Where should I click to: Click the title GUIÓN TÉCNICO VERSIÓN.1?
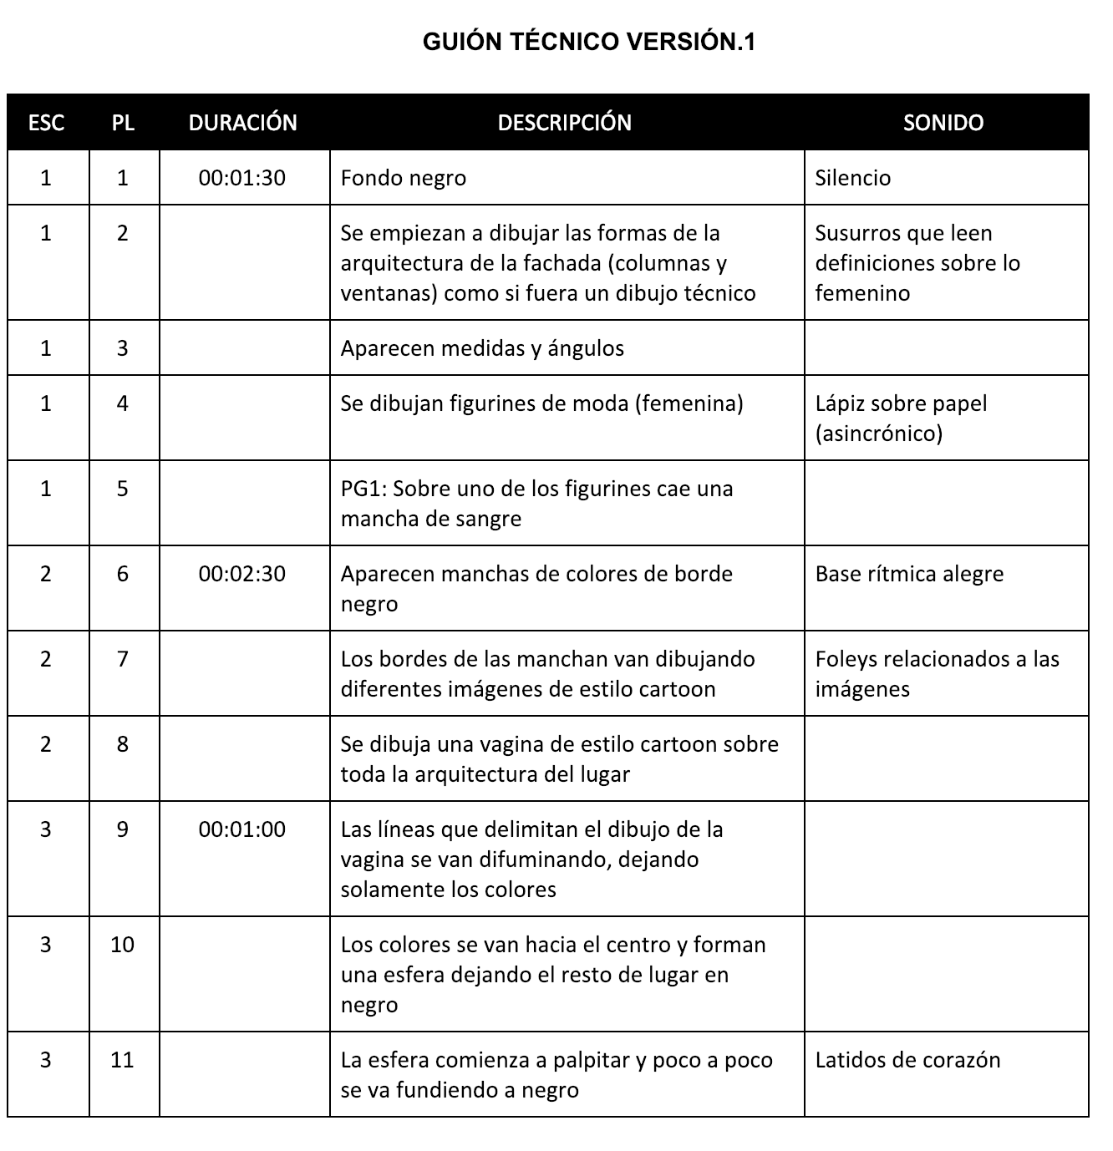[589, 42]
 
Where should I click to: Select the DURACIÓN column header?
[242, 123]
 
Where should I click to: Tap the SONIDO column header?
[943, 123]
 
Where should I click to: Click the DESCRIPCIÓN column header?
[564, 123]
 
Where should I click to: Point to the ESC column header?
[46, 123]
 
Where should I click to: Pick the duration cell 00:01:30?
[242, 178]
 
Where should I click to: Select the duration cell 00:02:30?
[242, 574]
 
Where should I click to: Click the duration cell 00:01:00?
[242, 829]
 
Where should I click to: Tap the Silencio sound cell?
[853, 178]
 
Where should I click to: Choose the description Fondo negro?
[404, 178]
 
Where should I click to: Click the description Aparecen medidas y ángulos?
[482, 348]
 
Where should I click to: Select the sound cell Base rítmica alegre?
[909, 574]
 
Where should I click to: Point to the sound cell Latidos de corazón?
[907, 1060]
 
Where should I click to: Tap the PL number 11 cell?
[122, 1060]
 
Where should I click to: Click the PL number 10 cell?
[122, 945]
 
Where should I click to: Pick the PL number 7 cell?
[122, 659]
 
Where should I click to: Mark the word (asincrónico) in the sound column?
[878, 434]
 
